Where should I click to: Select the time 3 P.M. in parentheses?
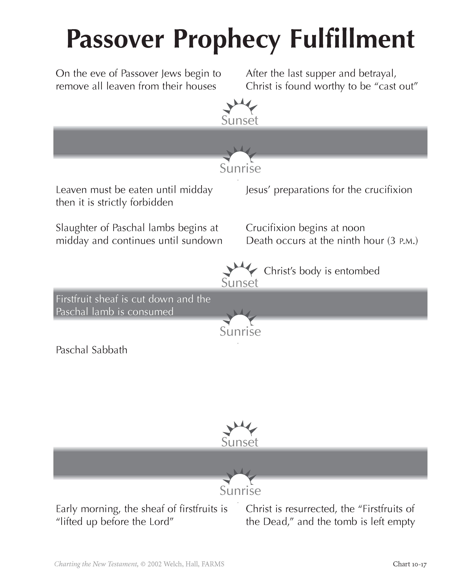403,241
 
